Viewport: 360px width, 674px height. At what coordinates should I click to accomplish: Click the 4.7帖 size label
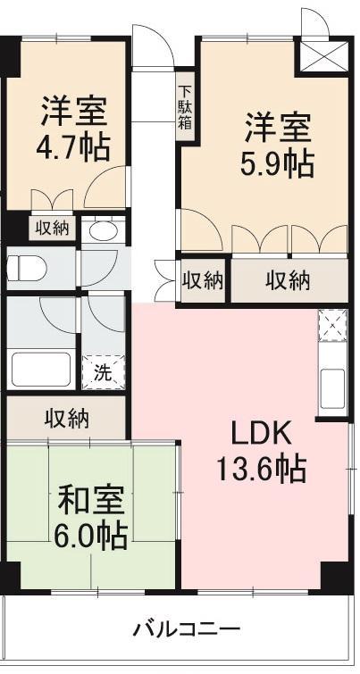[73, 148]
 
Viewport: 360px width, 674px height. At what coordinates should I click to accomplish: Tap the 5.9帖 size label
[278, 163]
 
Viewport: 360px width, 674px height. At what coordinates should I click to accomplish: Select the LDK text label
[261, 433]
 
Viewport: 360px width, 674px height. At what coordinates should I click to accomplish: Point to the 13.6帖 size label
[261, 468]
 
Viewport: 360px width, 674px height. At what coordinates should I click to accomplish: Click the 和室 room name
[91, 499]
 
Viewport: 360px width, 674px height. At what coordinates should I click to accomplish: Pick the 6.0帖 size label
[91, 535]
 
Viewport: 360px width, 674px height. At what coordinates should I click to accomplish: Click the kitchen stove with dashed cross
[331, 325]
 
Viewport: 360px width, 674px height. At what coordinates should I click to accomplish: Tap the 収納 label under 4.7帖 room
[52, 228]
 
